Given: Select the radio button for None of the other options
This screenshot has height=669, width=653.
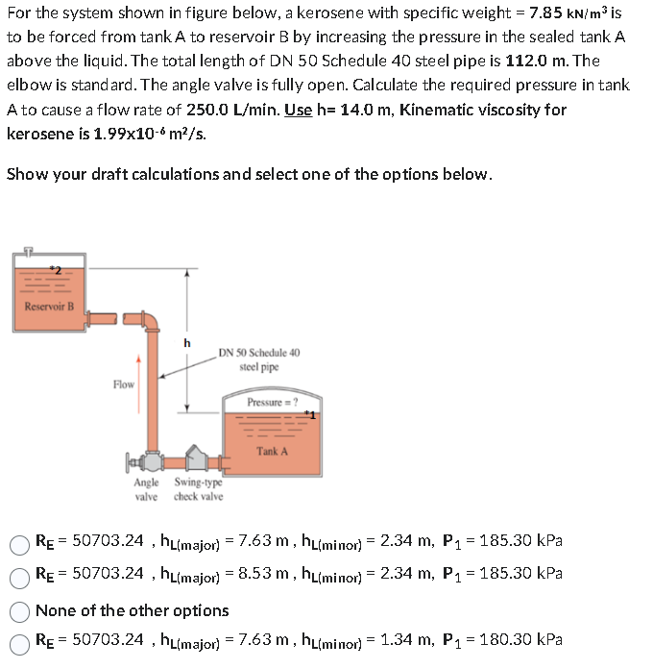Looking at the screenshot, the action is tap(19, 610).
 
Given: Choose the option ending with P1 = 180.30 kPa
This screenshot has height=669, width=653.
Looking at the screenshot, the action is tap(19, 639).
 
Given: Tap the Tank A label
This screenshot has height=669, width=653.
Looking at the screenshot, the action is tap(272, 450).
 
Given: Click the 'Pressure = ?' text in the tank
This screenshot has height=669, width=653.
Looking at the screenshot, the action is tap(272, 402).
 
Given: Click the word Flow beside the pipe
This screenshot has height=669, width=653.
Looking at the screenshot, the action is tap(124, 384).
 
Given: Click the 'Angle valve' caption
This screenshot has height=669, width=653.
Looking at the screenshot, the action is tap(147, 489).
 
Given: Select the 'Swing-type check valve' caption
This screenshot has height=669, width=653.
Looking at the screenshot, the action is tap(198, 489).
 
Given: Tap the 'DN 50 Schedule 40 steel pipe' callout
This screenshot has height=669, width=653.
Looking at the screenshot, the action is tap(258, 359).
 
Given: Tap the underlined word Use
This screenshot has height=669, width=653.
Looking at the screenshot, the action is tap(299, 110).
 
